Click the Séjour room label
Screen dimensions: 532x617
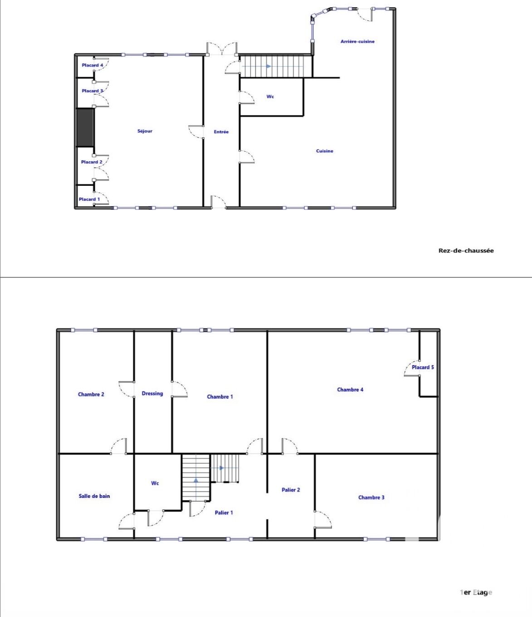[145, 131]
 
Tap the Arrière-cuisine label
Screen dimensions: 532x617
[357, 42]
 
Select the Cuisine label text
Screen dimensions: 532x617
[325, 151]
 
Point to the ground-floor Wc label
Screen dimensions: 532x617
[270, 96]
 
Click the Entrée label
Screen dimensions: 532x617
[221, 132]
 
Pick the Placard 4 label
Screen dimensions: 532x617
[93, 65]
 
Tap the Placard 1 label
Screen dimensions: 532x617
[89, 199]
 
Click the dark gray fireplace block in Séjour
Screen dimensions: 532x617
[85, 127]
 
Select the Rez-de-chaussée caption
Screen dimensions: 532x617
[466, 251]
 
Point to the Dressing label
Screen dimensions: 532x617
[152, 393]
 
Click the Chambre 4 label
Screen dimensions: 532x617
[350, 390]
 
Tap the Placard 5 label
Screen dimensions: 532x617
[423, 367]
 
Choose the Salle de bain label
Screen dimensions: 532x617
[94, 496]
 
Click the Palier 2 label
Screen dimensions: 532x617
[291, 490]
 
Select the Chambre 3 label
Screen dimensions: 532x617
[371, 497]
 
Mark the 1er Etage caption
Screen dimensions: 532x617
[476, 592]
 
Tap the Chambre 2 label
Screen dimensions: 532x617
[91, 394]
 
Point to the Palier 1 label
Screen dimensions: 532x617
[224, 512]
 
